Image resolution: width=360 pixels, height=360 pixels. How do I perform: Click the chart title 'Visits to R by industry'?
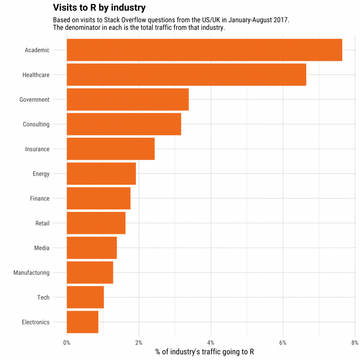(x=99, y=8)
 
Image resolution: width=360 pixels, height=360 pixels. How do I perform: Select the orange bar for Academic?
(x=204, y=50)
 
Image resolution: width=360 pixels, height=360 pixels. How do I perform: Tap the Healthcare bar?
(x=186, y=75)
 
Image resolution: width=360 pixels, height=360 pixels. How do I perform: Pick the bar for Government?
(x=127, y=99)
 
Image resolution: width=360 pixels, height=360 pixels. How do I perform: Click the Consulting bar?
(x=124, y=124)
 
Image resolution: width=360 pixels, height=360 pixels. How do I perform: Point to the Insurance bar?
(x=111, y=149)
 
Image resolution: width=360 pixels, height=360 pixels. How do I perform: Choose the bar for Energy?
(x=101, y=174)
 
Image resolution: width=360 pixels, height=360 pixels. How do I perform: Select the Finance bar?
(x=98, y=198)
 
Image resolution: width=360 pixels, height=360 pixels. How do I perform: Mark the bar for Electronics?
(x=82, y=322)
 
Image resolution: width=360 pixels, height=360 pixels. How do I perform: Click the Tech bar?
(x=85, y=297)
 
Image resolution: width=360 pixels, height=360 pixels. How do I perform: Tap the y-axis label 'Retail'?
(x=42, y=223)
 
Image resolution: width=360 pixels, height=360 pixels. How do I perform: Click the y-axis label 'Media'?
(x=42, y=248)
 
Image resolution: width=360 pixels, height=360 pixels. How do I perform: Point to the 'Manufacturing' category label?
(x=31, y=273)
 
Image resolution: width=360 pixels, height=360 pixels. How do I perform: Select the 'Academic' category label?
(x=37, y=50)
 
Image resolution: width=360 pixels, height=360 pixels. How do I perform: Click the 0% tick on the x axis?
(x=67, y=342)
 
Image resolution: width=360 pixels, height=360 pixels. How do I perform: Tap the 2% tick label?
(x=139, y=342)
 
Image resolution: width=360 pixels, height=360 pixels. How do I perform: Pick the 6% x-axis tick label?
(x=283, y=342)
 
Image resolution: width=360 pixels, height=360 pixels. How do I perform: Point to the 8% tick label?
(x=354, y=342)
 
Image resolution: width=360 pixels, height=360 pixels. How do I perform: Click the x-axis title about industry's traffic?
(x=204, y=352)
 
